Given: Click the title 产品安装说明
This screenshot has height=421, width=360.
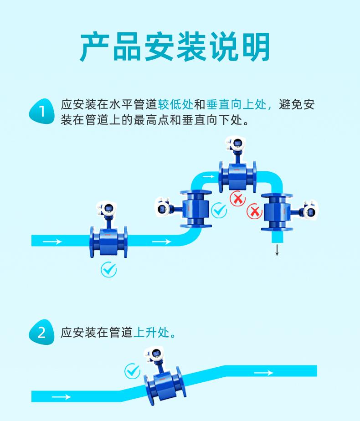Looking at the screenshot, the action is (175, 47).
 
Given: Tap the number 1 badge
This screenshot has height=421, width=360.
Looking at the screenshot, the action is (41, 112).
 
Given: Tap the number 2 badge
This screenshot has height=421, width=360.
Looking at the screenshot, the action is (41, 333).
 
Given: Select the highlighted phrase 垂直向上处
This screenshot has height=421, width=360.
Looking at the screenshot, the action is (236, 105).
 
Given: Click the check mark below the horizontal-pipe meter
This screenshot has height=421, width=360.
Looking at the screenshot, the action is (108, 270).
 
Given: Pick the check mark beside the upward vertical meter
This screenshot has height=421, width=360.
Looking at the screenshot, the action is (220, 210).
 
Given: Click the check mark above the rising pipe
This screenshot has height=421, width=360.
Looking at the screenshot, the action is (132, 371).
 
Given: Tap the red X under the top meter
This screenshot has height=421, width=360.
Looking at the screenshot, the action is (237, 199).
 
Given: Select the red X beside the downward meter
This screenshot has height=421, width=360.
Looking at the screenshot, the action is (254, 211).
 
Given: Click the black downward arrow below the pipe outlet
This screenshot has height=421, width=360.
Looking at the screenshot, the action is (277, 250).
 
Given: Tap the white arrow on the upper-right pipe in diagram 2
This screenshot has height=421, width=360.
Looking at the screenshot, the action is (263, 373).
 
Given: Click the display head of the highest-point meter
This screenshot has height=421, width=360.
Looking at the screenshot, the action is (237, 144).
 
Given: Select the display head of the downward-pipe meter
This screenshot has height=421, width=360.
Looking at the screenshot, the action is (309, 211).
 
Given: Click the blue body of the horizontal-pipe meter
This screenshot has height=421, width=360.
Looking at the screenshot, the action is (108, 241).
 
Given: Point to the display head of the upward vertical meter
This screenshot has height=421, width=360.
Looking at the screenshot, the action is (163, 208).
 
